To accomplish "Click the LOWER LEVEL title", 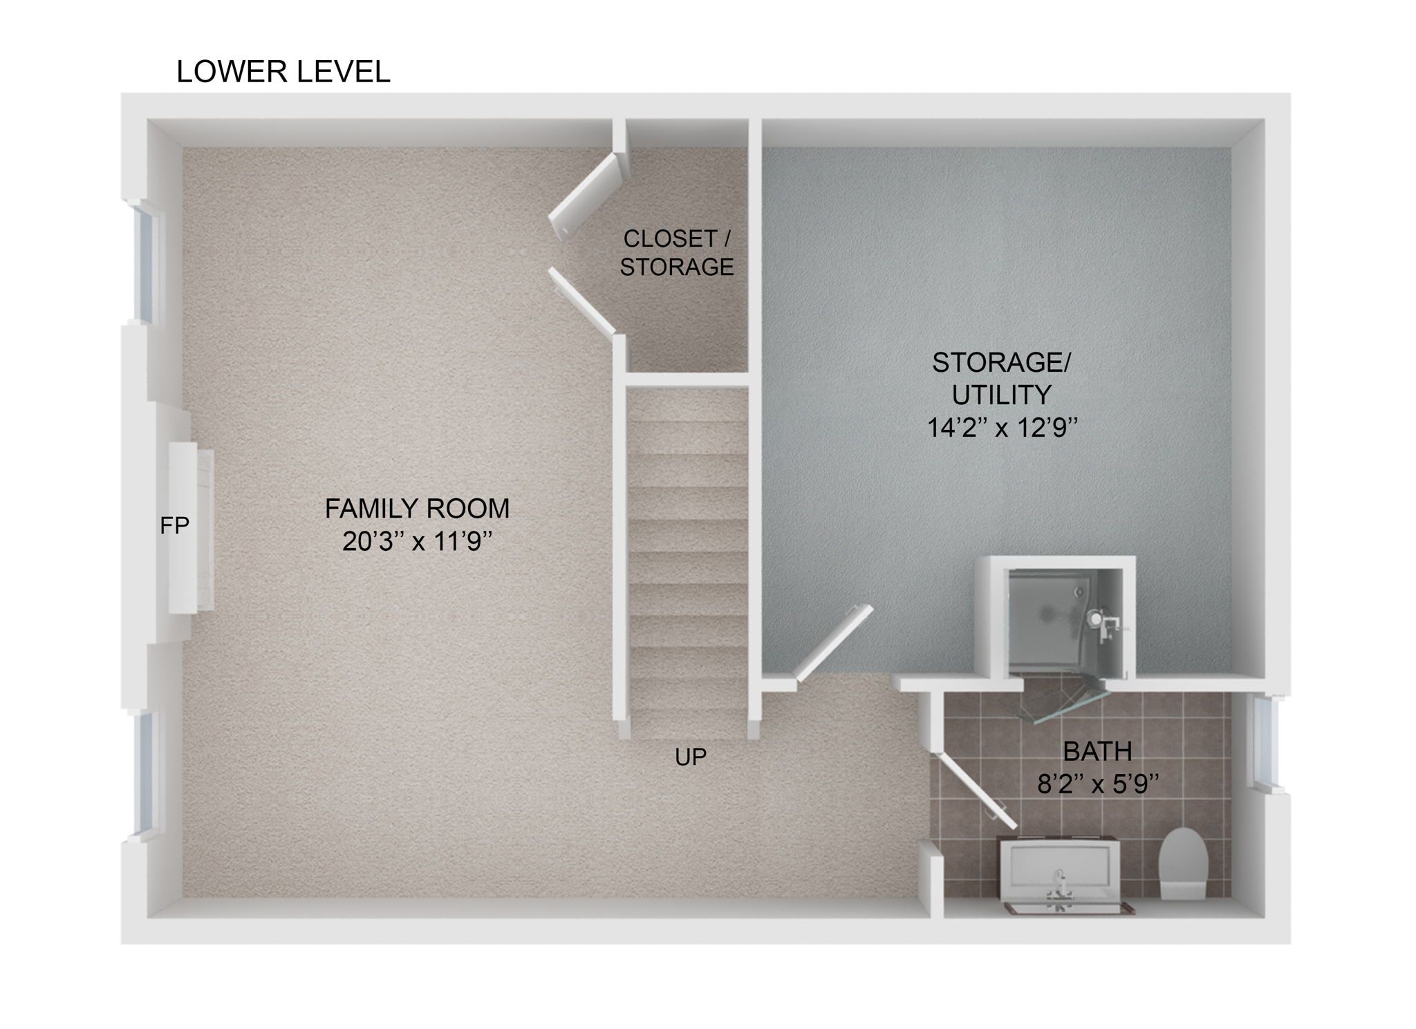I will (x=283, y=72).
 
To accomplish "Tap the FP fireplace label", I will (x=174, y=526).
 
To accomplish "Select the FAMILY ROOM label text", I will (x=417, y=509).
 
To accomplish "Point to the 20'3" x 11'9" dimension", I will (x=417, y=542).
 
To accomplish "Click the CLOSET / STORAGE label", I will (x=676, y=252).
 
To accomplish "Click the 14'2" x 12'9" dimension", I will (x=1002, y=428).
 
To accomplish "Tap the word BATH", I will (x=1097, y=750).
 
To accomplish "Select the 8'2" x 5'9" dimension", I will (x=1097, y=784).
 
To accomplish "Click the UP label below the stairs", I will (x=691, y=757).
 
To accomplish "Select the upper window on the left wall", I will (x=145, y=263).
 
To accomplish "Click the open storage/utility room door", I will (x=833, y=643).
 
